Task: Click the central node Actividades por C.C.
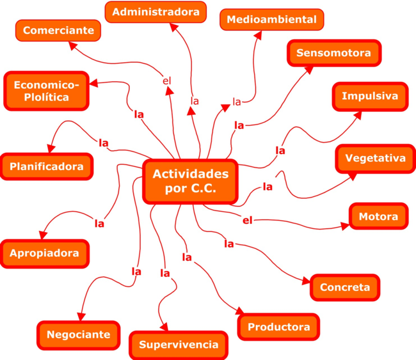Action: coord(191,181)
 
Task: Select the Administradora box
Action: coord(156,12)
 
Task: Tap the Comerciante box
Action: coord(58,29)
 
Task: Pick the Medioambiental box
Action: coord(271,19)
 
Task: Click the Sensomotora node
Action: coord(334,53)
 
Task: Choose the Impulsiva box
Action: coord(370,97)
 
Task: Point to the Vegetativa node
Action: coord(375,158)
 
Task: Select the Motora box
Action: coord(378,216)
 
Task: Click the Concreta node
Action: coord(344,287)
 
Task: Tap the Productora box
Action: coord(278,327)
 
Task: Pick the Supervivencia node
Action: coord(179,345)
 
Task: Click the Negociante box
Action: coord(78,334)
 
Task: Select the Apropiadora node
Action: coord(44,253)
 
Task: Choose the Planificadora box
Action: coord(47,167)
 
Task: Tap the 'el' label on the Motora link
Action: coord(248,221)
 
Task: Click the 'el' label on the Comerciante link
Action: coord(167,81)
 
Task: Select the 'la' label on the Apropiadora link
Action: coord(99,224)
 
